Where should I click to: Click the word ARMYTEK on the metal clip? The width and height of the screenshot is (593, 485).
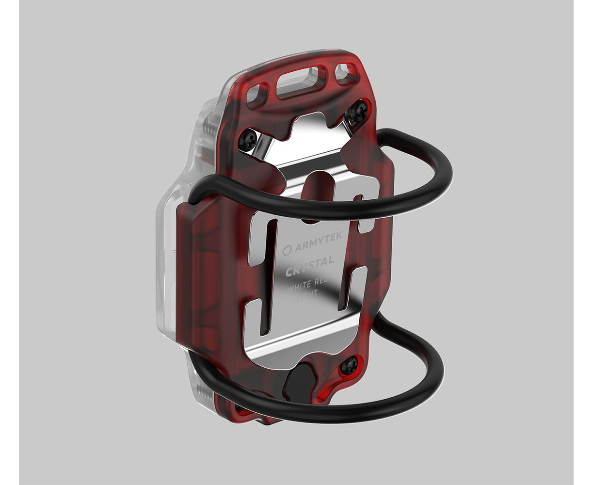(x=319, y=243)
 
